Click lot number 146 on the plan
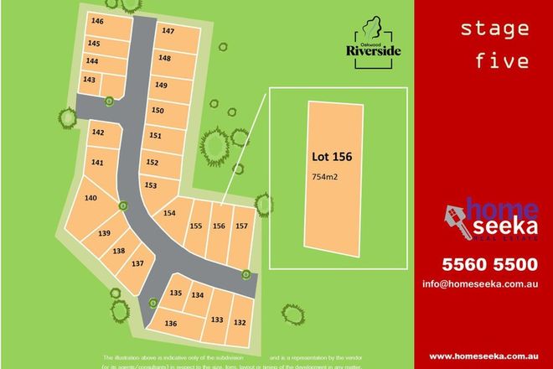click(x=98, y=21)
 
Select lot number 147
click(x=168, y=31)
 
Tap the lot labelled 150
click(x=158, y=110)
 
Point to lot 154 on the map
click(x=169, y=213)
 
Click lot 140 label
click(x=90, y=198)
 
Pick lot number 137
click(x=138, y=263)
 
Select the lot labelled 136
click(x=171, y=323)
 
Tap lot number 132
click(x=240, y=321)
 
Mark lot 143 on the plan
click(x=90, y=80)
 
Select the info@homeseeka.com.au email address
click(x=478, y=284)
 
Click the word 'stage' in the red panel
click(x=494, y=29)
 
